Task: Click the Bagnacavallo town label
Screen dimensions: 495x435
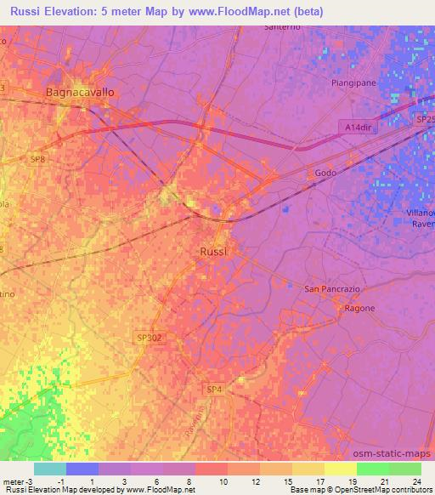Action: [x=79, y=91]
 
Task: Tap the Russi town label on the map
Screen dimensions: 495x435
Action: [x=213, y=252]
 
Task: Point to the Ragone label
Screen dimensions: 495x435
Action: [x=359, y=308]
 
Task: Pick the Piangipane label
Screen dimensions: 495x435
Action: [x=354, y=83]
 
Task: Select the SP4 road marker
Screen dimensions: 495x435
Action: [x=214, y=389]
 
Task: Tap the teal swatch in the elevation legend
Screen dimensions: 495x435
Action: [x=50, y=469]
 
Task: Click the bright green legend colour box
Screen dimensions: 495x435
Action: [x=373, y=469]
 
